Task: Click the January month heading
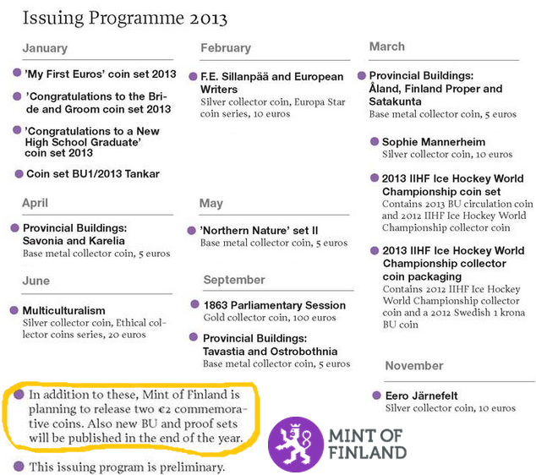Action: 45,48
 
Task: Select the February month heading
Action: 226,48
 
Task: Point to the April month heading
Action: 36,203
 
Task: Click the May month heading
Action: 211,204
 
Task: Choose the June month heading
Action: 36,281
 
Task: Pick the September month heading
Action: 234,280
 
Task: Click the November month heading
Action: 414,366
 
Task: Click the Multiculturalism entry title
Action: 64,310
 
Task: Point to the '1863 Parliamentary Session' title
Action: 275,305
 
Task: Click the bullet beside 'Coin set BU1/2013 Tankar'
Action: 18,173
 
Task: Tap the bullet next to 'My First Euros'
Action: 17,74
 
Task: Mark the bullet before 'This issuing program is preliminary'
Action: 18,466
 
